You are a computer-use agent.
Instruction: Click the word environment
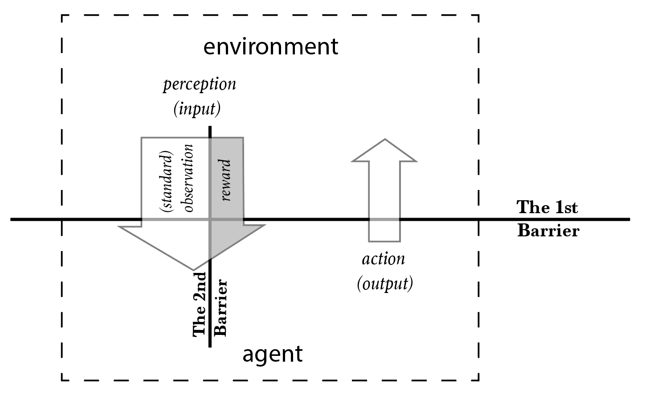(271, 47)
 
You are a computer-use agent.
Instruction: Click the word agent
(272, 355)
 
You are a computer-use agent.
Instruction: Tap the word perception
(199, 84)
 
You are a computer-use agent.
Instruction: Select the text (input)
(197, 109)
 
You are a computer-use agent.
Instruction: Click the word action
(384, 259)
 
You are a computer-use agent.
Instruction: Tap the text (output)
(385, 284)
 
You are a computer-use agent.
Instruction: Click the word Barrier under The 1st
(548, 231)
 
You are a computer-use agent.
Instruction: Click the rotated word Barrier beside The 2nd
(221, 308)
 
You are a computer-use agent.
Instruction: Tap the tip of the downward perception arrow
(193, 270)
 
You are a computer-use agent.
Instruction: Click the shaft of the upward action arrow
(384, 201)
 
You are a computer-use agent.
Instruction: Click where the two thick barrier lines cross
(210, 219)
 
